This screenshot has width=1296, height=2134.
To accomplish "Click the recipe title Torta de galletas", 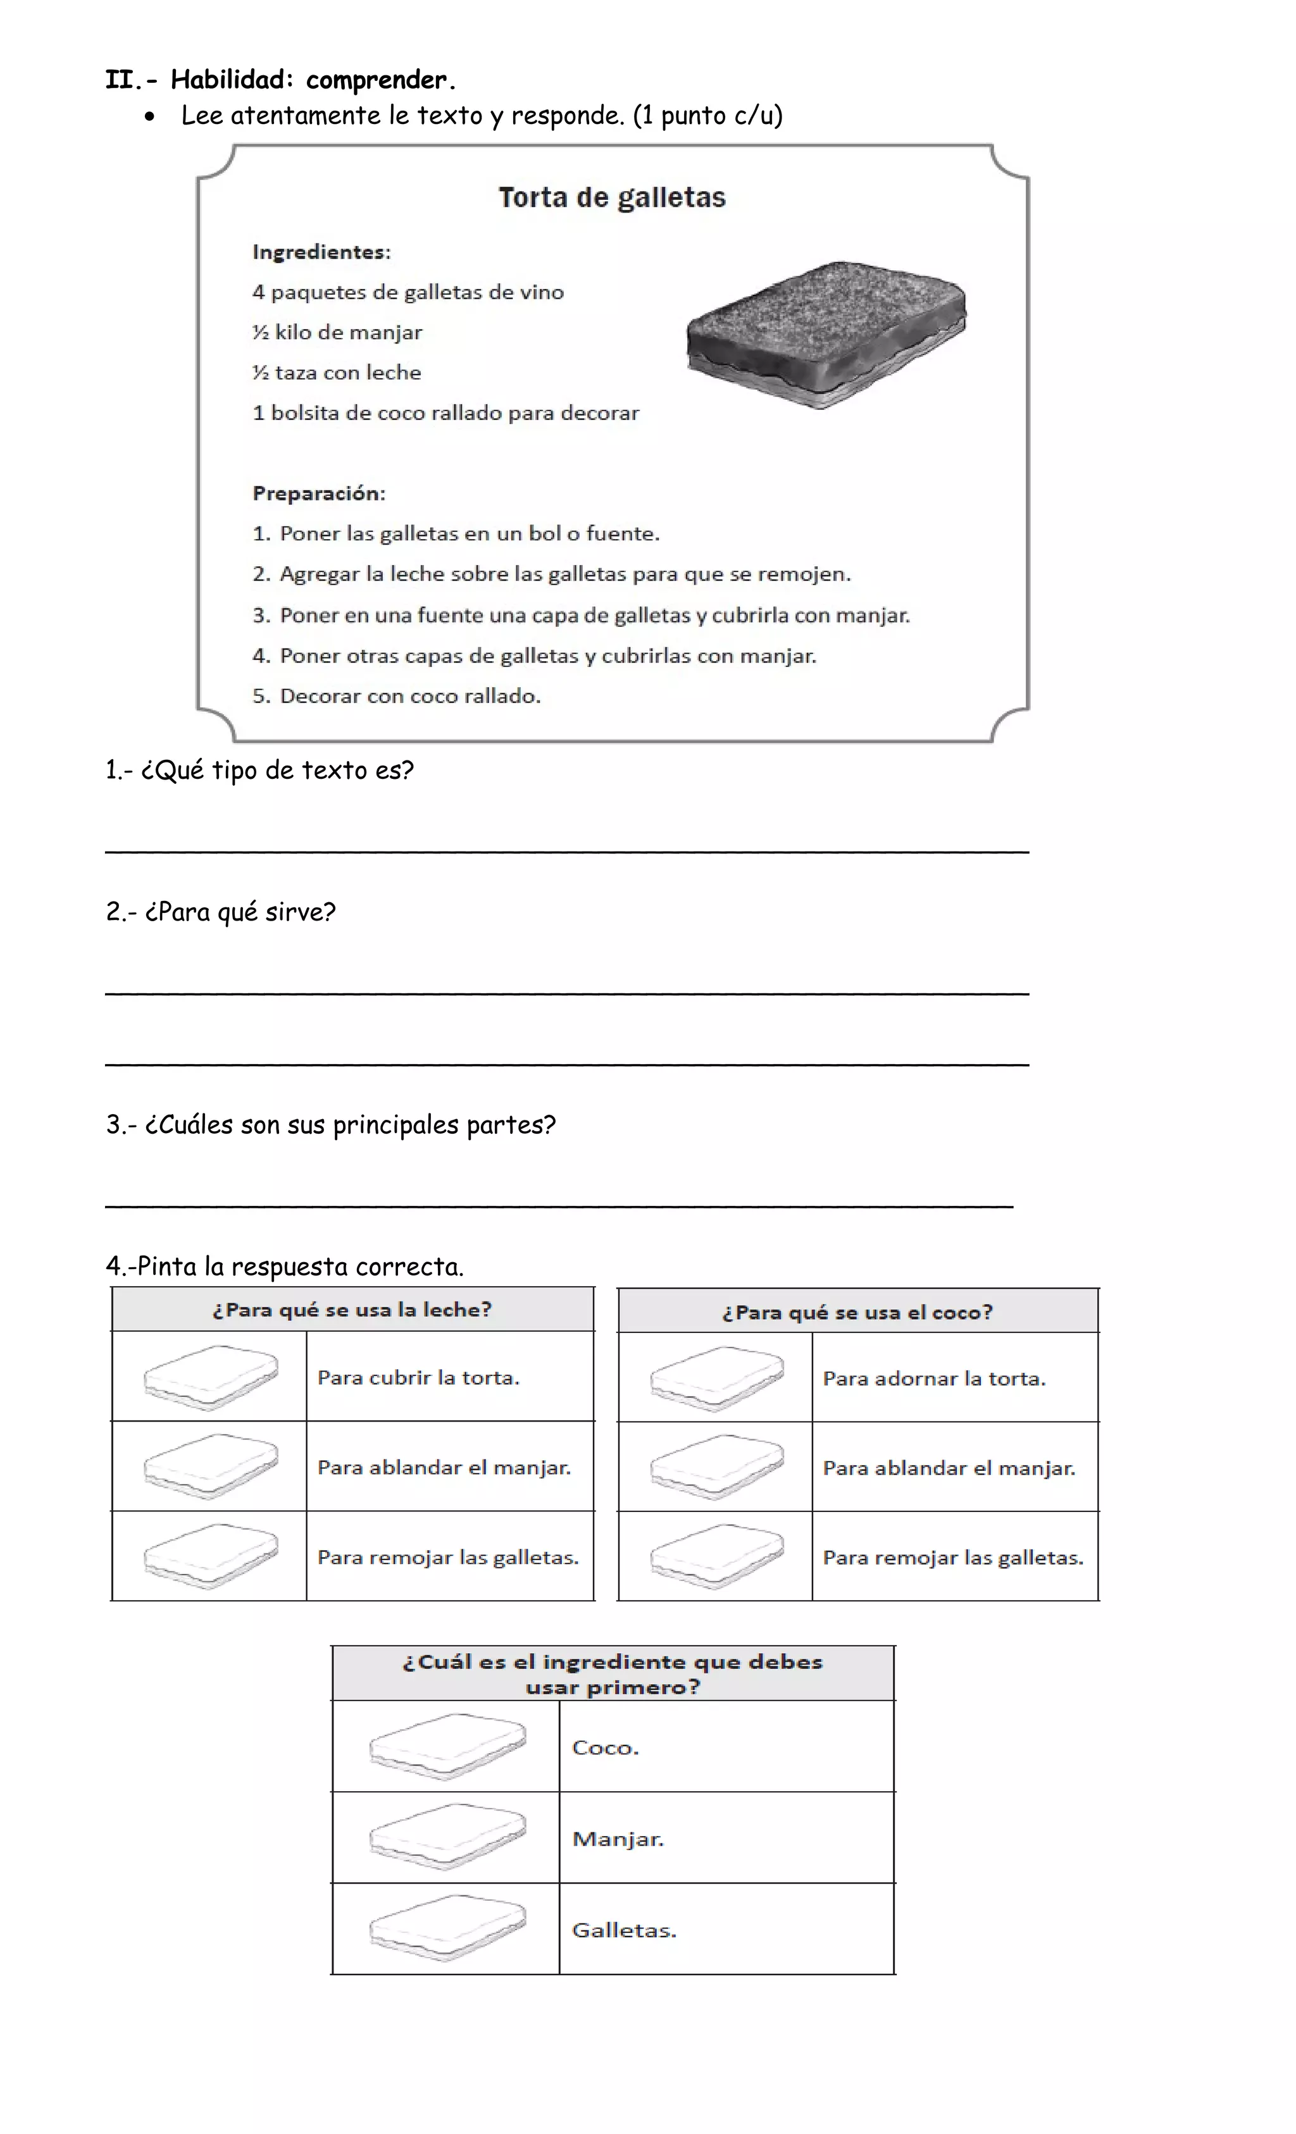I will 612,197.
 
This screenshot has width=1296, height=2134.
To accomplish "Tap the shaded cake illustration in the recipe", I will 826,334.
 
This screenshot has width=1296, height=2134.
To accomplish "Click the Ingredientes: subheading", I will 321,252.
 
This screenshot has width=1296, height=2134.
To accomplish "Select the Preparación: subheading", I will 319,493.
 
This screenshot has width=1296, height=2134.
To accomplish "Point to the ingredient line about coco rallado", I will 445,413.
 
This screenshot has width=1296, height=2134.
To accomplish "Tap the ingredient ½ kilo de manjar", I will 337,333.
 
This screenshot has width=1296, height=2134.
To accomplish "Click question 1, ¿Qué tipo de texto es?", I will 260,770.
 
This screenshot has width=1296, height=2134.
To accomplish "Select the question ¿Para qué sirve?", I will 221,912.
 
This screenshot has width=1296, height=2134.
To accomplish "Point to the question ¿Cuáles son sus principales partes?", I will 331,1125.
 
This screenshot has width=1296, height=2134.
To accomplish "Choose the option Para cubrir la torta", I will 418,1378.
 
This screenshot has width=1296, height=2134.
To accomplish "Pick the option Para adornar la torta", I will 934,1379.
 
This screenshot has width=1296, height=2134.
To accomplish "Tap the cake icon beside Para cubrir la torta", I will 211,1377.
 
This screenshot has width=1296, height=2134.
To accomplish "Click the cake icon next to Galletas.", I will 447,1930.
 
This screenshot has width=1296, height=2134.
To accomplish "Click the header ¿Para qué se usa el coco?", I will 857,1312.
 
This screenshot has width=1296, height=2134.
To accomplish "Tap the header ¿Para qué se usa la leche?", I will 352,1310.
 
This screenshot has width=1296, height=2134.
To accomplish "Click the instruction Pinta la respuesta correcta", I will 285,1266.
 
